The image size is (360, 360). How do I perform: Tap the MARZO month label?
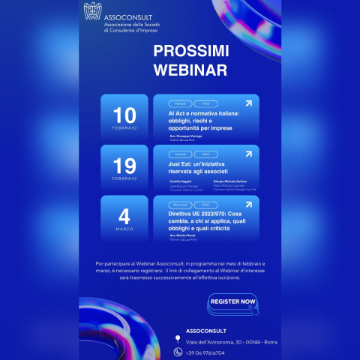[x=124, y=230]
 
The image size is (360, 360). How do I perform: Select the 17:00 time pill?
[x=205, y=103]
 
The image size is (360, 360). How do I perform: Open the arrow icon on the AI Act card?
[x=249, y=104]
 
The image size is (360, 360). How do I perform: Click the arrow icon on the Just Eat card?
[x=249, y=154]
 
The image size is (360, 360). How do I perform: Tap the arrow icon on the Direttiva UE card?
[x=249, y=205]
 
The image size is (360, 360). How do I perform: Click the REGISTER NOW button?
[x=233, y=301]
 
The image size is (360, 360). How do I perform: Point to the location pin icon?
[x=178, y=340]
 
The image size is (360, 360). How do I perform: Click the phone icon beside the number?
[x=178, y=352]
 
